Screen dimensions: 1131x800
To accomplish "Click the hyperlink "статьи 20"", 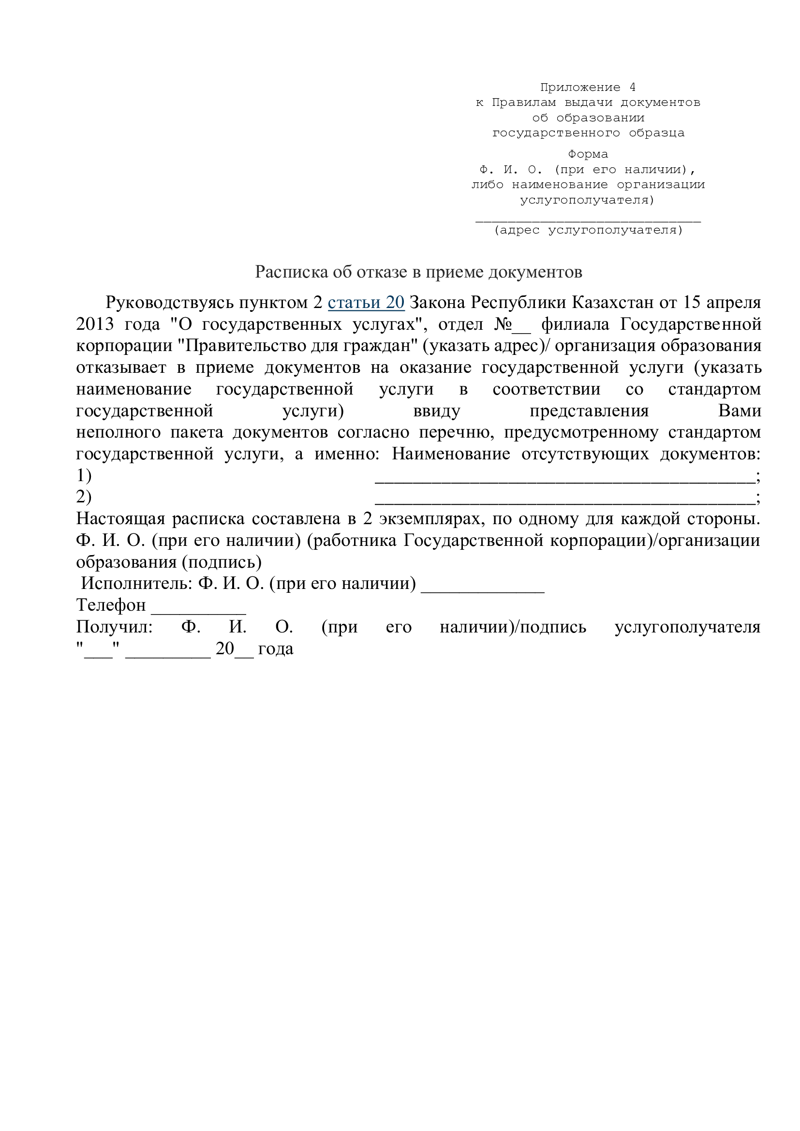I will point(366,302).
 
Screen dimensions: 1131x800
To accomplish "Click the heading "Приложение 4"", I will point(588,88).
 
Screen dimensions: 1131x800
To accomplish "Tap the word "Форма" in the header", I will point(588,154).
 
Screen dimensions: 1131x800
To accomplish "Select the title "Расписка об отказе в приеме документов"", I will point(418,272).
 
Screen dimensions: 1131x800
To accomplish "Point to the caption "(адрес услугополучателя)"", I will point(589,230).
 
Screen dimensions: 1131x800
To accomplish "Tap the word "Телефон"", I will point(111,605).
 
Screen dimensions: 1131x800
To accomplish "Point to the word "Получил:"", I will point(114,627).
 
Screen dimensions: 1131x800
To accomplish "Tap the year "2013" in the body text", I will point(95,324).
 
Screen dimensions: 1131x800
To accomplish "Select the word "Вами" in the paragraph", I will point(740,411).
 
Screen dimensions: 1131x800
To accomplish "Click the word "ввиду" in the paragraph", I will point(437,411).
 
